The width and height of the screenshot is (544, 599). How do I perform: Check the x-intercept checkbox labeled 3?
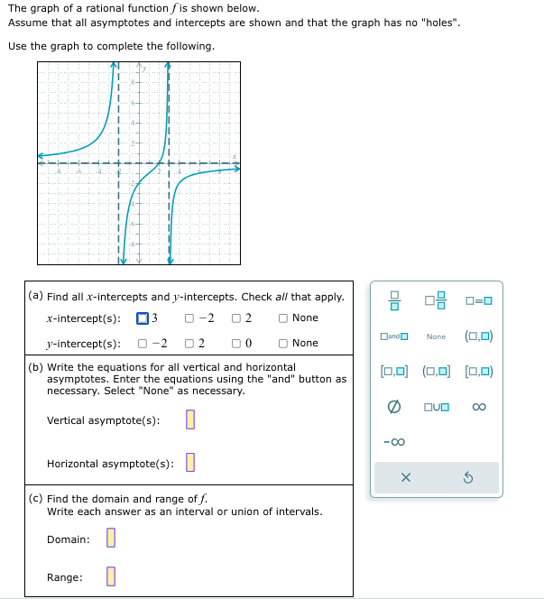(143, 318)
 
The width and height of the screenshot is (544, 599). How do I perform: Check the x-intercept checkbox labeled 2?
(236, 318)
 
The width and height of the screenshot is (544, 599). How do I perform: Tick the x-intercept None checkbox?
(283, 318)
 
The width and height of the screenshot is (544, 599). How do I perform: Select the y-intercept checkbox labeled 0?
(236, 343)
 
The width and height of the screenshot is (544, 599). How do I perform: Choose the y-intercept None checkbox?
(283, 343)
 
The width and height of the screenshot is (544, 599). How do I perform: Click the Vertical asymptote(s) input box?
(189, 420)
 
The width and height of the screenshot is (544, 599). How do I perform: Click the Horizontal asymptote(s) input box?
(189, 464)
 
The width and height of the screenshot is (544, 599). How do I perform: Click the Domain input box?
(110, 539)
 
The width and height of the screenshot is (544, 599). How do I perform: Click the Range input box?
(110, 576)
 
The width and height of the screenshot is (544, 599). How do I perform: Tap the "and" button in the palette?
(394, 336)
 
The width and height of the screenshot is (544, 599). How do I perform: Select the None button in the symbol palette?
(437, 336)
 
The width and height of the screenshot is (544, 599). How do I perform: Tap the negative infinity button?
(394, 441)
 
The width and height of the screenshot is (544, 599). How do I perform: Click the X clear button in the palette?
(405, 478)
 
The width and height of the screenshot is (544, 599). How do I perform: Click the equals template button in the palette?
(479, 301)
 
